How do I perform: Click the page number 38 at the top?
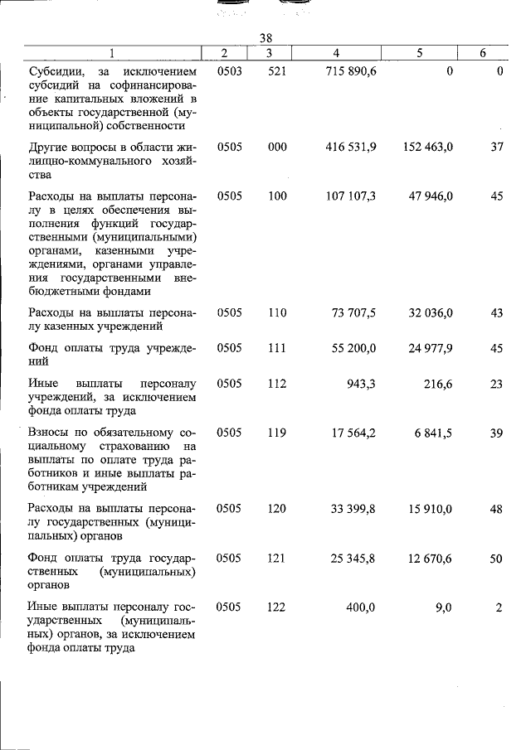tap(265, 38)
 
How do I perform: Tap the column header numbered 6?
tap(483, 53)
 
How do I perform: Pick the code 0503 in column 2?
tap(229, 72)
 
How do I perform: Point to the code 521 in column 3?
tap(277, 72)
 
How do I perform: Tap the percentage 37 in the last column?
tap(496, 147)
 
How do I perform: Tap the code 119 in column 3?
tap(277, 433)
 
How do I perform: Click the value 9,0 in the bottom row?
tap(443, 607)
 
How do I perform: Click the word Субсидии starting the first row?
tap(54, 72)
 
